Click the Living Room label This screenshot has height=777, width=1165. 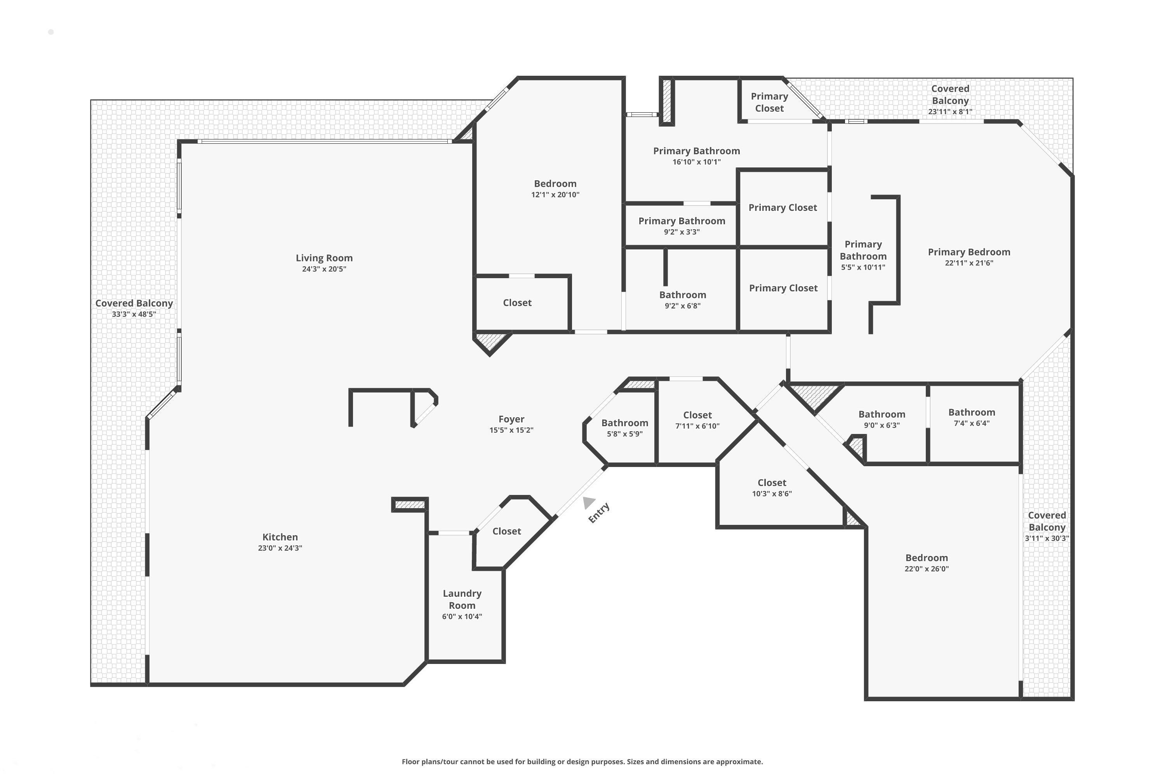(324, 258)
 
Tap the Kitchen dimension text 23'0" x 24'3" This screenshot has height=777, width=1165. (280, 548)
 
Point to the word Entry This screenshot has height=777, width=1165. (599, 513)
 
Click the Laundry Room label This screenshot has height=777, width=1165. (462, 599)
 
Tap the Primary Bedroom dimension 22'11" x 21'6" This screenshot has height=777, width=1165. (969, 263)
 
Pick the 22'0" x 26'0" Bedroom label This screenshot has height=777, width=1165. (926, 558)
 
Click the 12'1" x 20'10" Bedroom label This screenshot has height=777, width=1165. (555, 184)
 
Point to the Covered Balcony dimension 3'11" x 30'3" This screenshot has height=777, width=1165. (1047, 538)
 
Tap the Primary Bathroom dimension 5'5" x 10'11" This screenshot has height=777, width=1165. (863, 267)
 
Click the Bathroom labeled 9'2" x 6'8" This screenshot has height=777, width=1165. (683, 295)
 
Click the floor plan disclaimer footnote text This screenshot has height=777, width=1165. (582, 761)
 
